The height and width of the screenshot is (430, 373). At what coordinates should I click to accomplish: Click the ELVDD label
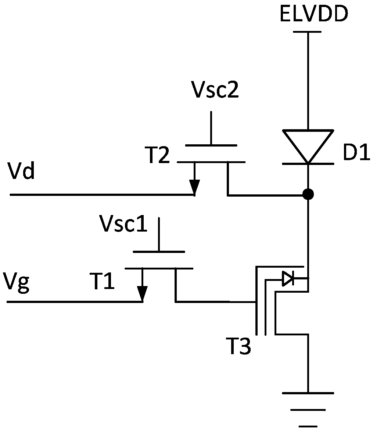point(314,14)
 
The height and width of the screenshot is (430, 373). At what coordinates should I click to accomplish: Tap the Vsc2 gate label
point(215,90)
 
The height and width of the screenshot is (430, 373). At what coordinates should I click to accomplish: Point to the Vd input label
point(22,172)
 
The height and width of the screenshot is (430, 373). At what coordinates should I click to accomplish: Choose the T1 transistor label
point(102,281)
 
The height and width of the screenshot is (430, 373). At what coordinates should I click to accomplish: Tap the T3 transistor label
point(238,346)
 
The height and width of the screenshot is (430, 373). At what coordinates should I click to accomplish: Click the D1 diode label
point(356,152)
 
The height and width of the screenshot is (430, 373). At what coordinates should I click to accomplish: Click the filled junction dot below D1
point(308,195)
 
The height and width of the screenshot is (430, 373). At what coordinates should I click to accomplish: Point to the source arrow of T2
point(194,178)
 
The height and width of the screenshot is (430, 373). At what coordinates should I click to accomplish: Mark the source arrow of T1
point(142,285)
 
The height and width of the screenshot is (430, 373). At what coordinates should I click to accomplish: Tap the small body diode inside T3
point(288,279)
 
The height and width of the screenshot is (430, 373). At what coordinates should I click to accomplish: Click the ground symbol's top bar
point(308,393)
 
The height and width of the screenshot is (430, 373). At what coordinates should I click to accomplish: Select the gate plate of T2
point(211,145)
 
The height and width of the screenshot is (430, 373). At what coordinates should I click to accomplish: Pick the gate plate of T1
point(159,251)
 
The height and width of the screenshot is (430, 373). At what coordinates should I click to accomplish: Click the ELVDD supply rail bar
point(307,32)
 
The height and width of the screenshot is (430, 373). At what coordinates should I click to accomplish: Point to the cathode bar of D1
point(308,164)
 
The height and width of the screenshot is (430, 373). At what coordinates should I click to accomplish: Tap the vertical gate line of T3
point(257,301)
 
